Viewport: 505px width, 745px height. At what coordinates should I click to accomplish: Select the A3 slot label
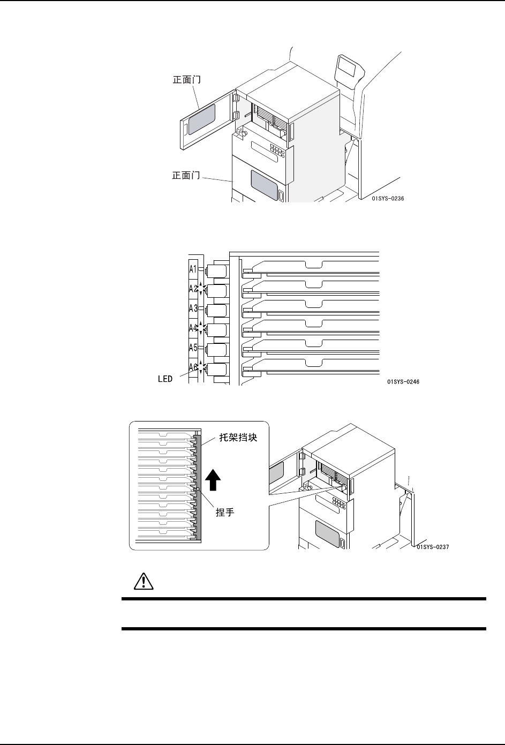[x=193, y=308]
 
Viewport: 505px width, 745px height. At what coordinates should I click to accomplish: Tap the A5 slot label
[x=193, y=347]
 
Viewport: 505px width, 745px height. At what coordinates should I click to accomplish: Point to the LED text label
[x=165, y=379]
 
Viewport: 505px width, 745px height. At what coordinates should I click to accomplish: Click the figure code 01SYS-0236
[x=387, y=199]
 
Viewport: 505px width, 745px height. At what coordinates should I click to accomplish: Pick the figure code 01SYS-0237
[x=432, y=547]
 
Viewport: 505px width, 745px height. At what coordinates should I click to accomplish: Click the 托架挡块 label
[x=239, y=438]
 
